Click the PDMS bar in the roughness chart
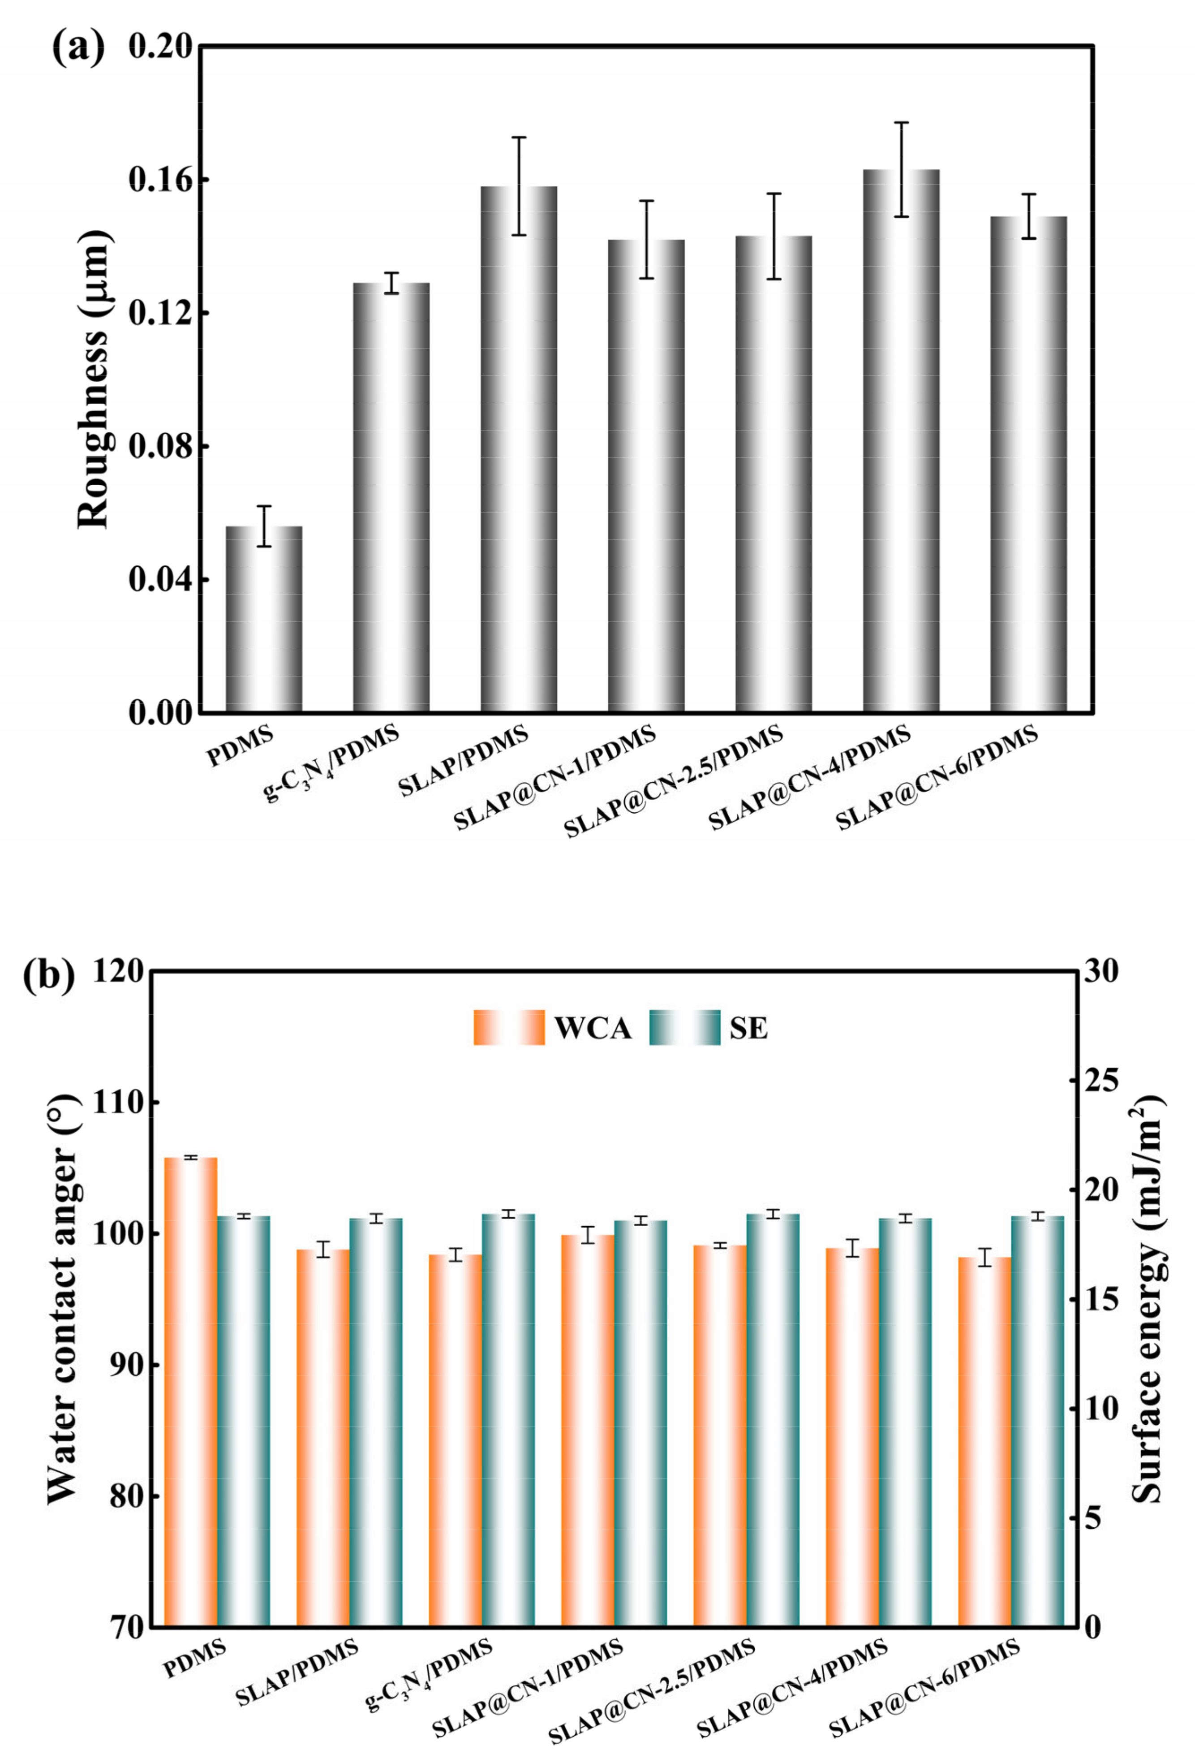(264, 618)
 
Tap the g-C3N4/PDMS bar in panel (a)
(391, 497)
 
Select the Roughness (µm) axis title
(95, 379)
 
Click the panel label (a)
(77, 49)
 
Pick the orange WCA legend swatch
(509, 1028)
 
